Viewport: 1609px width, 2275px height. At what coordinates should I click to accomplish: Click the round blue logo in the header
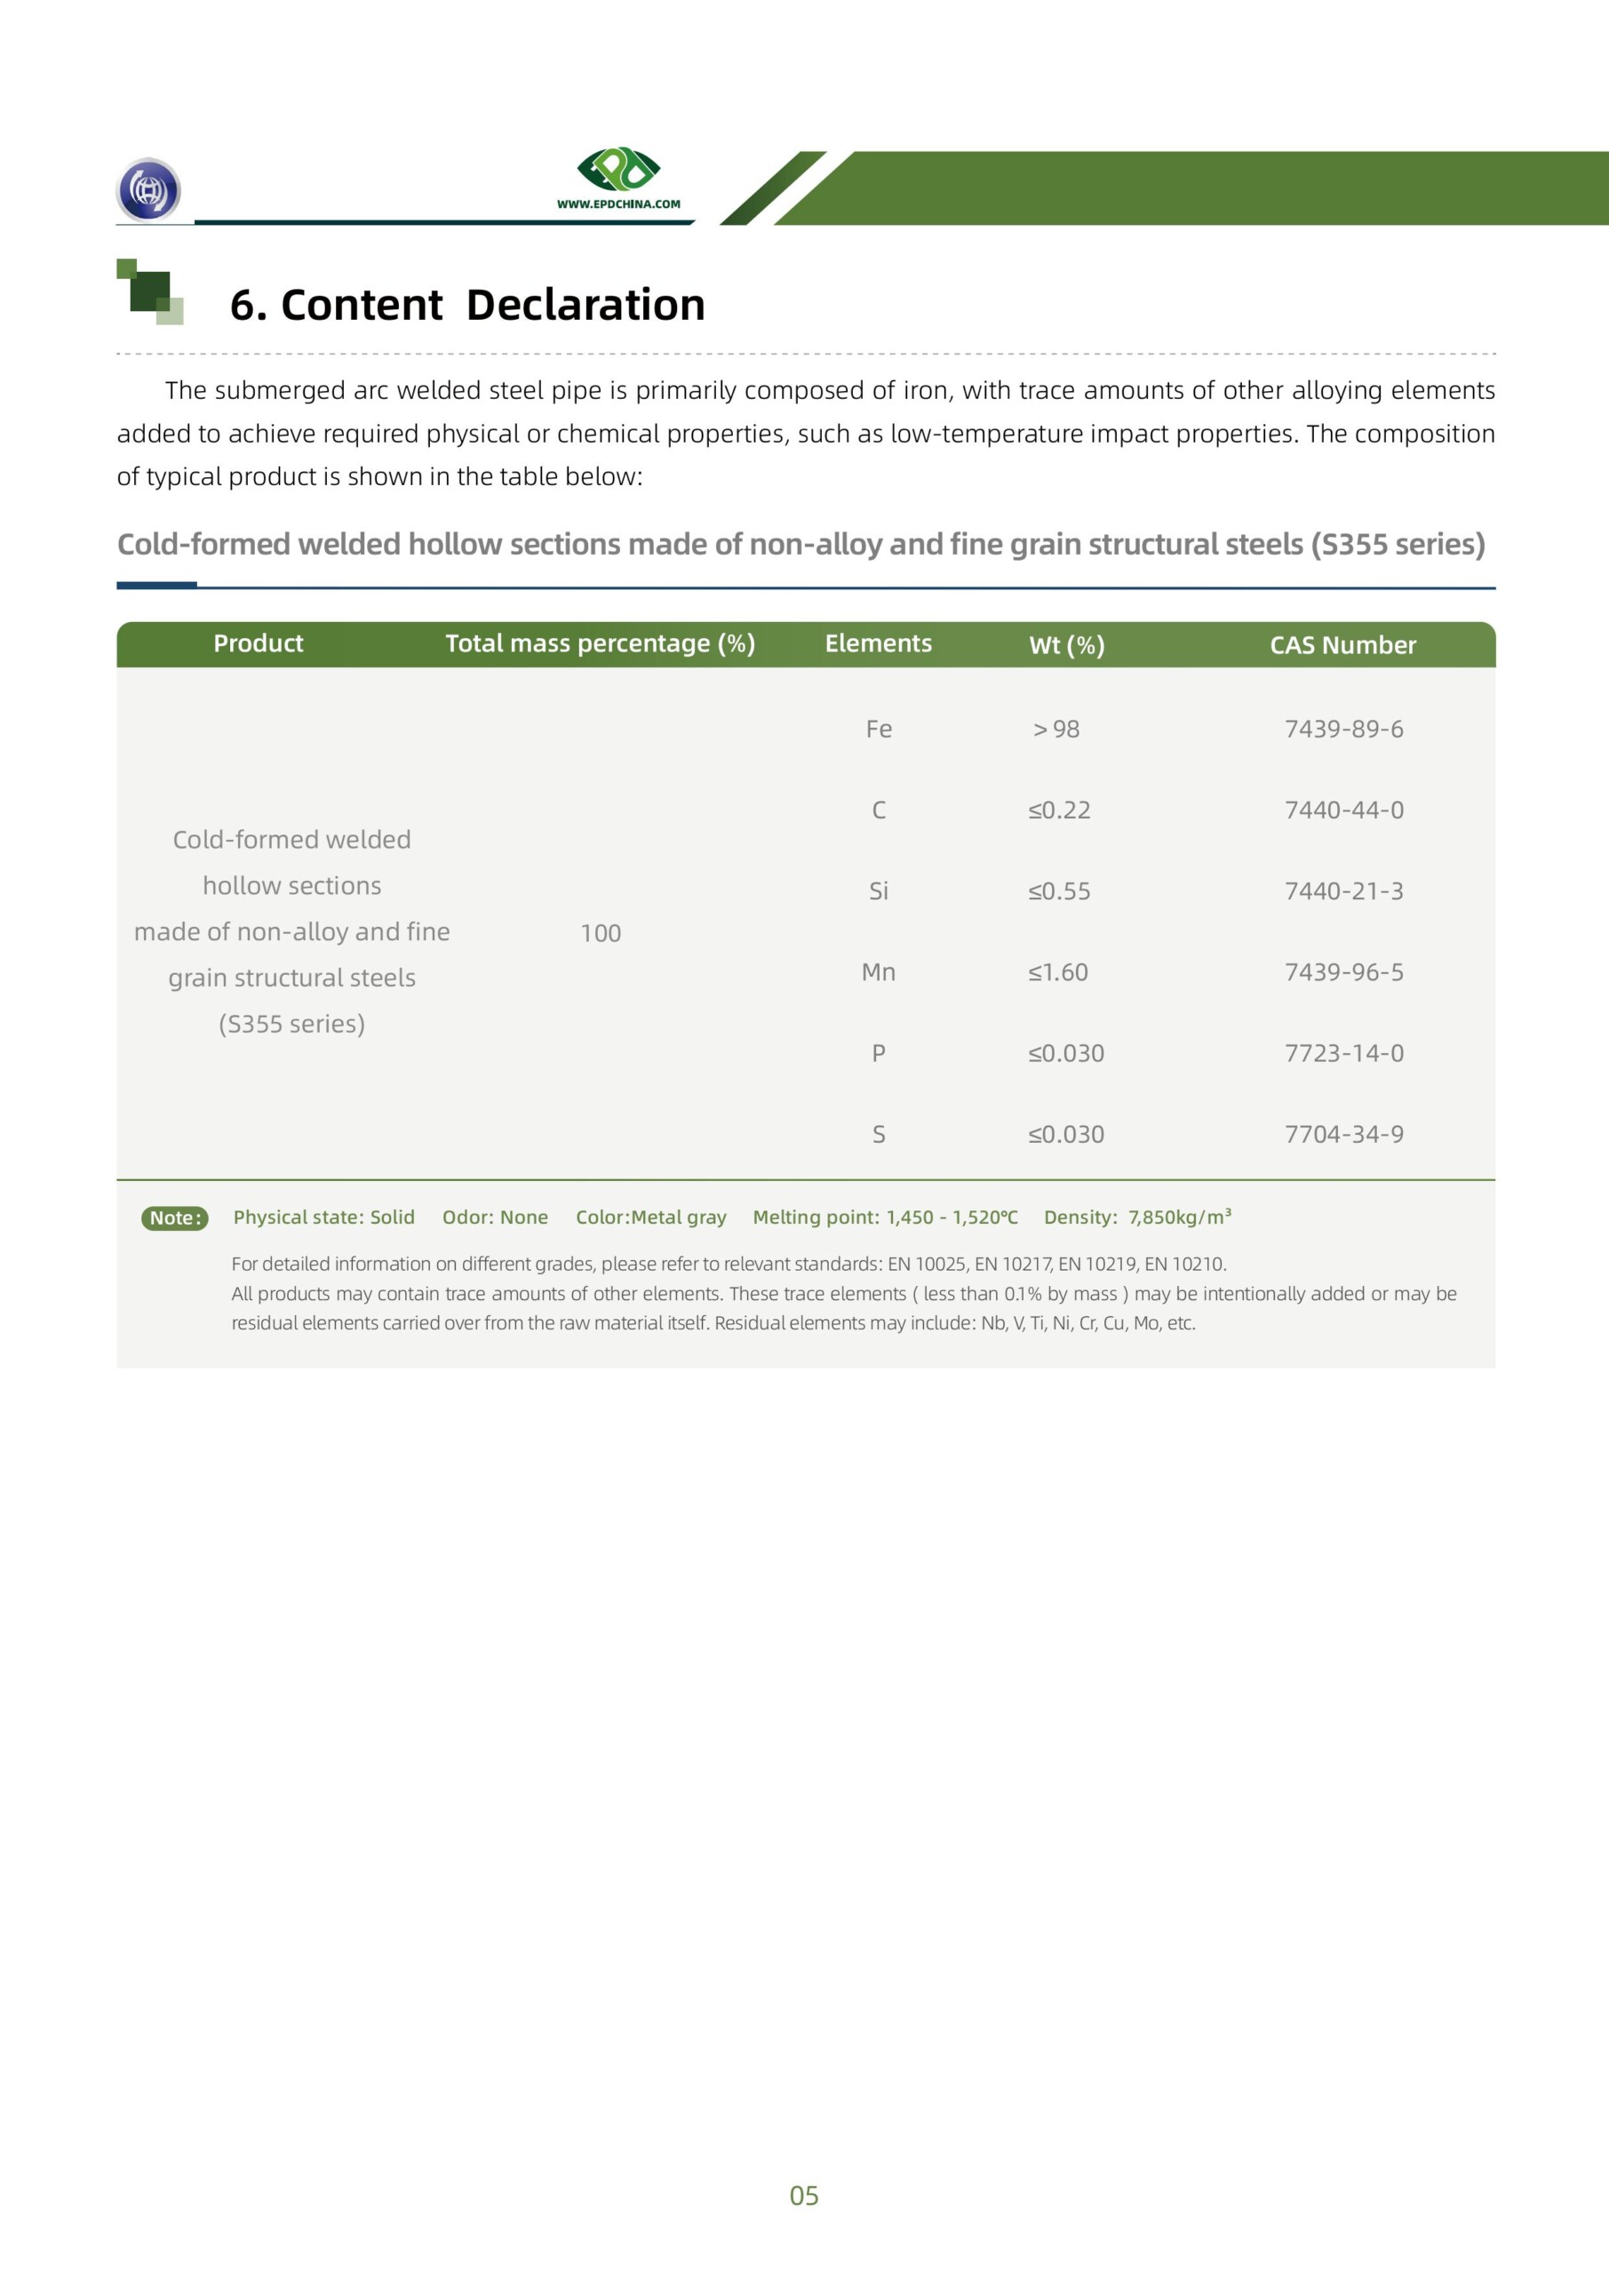(x=148, y=189)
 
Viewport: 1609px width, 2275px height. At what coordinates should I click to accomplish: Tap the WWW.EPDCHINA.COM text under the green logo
(x=618, y=204)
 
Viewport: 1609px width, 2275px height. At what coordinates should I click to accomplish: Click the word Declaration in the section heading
(x=585, y=304)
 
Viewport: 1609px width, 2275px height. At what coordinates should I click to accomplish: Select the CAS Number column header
(x=1342, y=645)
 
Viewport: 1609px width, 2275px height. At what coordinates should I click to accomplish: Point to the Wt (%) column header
(x=1066, y=645)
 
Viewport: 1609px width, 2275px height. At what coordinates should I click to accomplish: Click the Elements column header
(x=878, y=643)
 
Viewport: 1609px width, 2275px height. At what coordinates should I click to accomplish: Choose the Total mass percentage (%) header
(x=600, y=643)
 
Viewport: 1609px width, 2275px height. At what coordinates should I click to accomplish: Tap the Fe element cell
(x=878, y=730)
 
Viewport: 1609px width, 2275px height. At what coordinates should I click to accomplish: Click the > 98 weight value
(x=1056, y=730)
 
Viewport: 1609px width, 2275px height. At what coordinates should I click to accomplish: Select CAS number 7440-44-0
(x=1343, y=810)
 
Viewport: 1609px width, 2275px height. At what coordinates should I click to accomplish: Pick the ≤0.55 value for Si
(x=1058, y=891)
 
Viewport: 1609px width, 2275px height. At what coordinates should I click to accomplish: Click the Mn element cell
(x=878, y=972)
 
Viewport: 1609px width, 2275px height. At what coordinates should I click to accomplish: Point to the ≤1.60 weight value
(x=1057, y=972)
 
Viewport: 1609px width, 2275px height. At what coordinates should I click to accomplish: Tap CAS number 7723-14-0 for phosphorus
(x=1343, y=1053)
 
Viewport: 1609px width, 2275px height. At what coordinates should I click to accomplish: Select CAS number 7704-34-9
(x=1343, y=1135)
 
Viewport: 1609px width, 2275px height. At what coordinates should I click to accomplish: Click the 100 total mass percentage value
(x=601, y=933)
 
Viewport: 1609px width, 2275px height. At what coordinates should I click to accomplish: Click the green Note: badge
(x=174, y=1217)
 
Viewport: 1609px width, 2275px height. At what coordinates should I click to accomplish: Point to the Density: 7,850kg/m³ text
(x=1136, y=1217)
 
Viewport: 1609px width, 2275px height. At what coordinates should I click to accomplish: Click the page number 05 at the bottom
(x=803, y=2196)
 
